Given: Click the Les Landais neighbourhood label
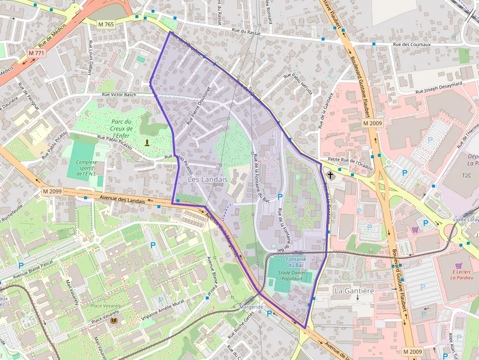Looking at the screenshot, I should coord(208,179).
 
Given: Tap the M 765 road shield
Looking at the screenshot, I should coord(106,24).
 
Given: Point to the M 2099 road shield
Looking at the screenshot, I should coord(52,191).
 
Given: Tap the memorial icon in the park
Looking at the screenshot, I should coord(147,142).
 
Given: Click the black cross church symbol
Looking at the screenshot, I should coord(330,175).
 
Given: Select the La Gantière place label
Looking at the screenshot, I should coord(354,291).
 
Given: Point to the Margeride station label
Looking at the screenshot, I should coord(252,307).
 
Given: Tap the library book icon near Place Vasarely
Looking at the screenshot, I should coord(114,320).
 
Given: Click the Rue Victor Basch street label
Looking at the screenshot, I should coord(119,94).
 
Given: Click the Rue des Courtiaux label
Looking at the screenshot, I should coord(412,44).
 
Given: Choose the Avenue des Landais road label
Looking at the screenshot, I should coord(122,199).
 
